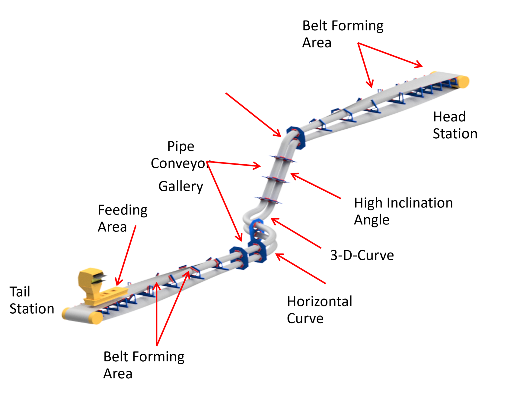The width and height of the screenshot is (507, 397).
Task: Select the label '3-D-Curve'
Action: [x=362, y=255]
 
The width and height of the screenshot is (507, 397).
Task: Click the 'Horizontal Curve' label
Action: [x=319, y=310]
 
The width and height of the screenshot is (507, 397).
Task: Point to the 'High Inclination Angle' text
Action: [x=403, y=211]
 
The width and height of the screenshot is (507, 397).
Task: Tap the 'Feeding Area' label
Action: [x=122, y=218]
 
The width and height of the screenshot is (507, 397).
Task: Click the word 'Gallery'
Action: [x=180, y=186]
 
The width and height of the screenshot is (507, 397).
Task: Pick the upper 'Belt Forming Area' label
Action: [x=343, y=34]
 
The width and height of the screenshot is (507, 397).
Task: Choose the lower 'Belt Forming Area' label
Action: [x=144, y=365]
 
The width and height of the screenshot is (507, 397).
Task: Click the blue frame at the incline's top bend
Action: [x=296, y=137]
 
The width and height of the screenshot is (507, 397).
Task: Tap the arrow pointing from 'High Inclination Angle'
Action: [x=316, y=186]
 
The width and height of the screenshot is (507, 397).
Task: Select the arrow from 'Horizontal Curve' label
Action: [x=301, y=269]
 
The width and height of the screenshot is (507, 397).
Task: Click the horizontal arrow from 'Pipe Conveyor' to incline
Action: [x=234, y=164]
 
